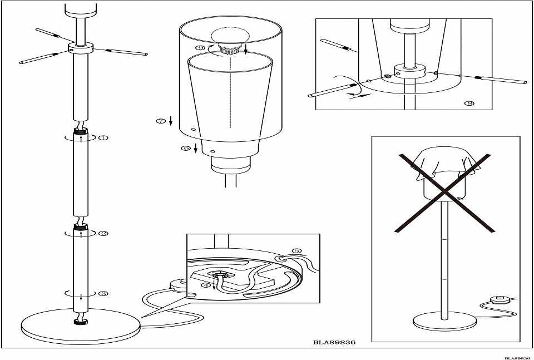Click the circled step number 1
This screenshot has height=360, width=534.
103,137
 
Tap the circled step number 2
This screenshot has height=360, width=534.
103,234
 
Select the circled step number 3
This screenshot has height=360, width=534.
103,293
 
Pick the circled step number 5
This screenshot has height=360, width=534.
296,251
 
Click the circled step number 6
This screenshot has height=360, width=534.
186,148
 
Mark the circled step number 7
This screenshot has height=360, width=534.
161,121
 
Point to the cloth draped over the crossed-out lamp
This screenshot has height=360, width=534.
445,164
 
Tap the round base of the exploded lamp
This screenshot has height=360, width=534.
80,327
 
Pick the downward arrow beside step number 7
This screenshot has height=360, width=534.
171,121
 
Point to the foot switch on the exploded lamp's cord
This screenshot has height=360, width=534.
179,284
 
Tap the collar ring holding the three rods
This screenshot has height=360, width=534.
80,48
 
